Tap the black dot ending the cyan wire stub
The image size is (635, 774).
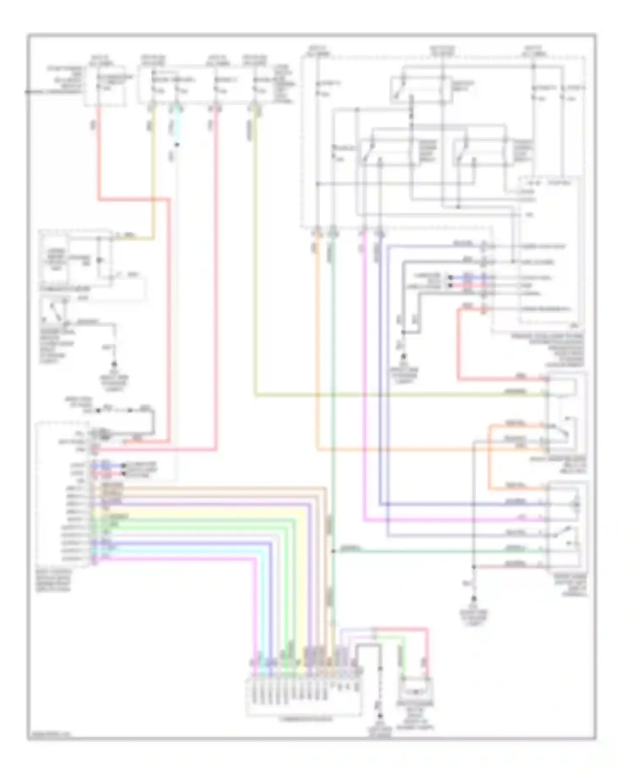177,145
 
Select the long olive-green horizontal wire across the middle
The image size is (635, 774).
381,396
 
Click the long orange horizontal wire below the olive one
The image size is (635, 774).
423,449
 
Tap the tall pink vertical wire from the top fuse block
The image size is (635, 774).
216,275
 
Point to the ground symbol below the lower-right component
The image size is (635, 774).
474,599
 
